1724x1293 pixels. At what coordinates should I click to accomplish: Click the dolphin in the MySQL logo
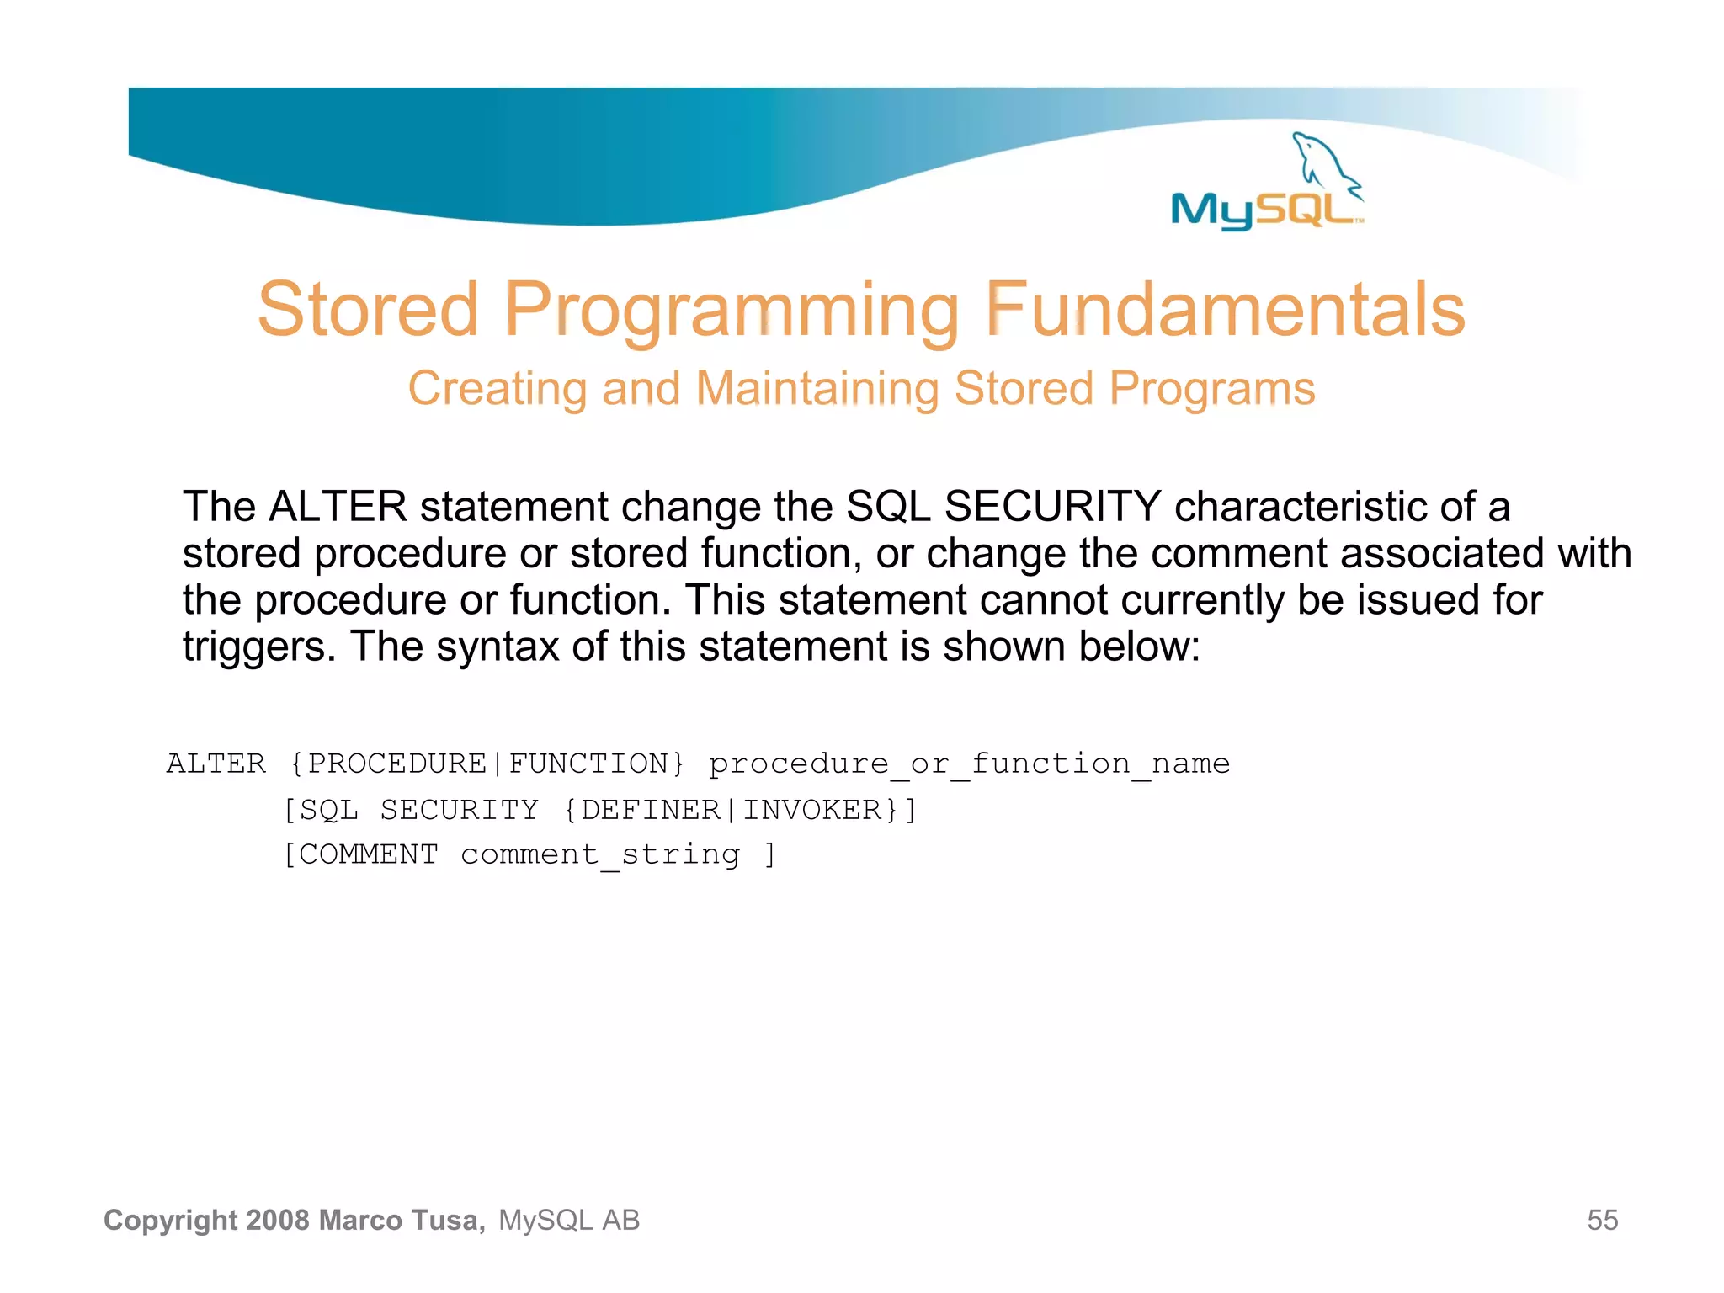1323,160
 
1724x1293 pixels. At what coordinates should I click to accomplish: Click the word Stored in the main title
368,310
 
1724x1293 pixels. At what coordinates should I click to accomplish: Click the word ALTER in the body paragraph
338,507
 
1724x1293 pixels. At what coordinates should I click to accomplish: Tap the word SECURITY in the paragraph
1052,507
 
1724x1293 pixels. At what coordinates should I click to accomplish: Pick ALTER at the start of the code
216,764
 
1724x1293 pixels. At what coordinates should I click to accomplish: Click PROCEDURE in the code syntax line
397,764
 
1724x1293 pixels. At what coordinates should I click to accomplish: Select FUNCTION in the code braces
589,764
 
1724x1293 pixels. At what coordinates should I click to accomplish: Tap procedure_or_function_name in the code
969,764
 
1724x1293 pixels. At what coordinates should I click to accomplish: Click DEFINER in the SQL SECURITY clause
651,810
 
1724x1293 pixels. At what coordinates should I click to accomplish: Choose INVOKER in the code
811,810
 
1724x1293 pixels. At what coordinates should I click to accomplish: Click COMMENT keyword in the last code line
369,854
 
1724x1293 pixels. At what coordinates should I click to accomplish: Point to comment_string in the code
600,854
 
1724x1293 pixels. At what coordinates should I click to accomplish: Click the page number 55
1602,1220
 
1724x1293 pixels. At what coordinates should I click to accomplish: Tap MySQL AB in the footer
569,1220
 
